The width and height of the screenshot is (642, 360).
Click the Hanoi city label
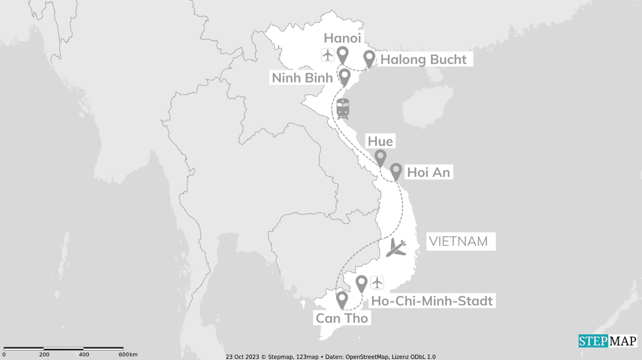[x=343, y=38]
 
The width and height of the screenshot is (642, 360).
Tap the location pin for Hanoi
[x=342, y=55]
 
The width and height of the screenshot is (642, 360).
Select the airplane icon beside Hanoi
[x=327, y=55]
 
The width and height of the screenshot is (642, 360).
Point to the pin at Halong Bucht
[x=369, y=58]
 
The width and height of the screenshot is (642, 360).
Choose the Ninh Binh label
[x=302, y=78]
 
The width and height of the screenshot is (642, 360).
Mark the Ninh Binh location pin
[x=344, y=76]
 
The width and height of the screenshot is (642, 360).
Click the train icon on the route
[x=343, y=108]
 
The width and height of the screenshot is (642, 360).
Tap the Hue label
[x=380, y=141]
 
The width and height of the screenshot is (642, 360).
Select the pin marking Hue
[x=380, y=158]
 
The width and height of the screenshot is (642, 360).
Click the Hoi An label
[x=428, y=172]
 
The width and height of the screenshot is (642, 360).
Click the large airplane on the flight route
[x=397, y=247]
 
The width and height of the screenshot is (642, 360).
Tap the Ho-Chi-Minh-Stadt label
[x=432, y=301]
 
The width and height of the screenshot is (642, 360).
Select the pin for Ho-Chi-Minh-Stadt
[x=362, y=284]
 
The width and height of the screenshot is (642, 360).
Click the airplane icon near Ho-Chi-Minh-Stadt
[x=378, y=283]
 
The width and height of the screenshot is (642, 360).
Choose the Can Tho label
[x=341, y=318]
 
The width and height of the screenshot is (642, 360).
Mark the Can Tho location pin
[x=342, y=300]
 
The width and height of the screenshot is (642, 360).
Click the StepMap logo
[x=607, y=341]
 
